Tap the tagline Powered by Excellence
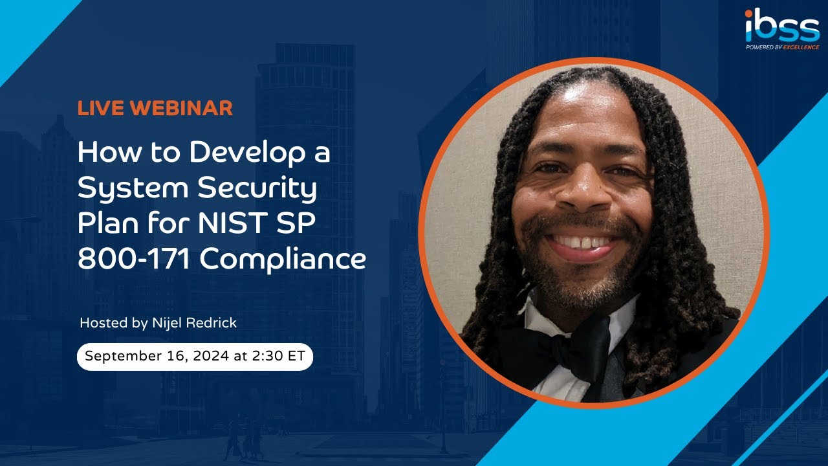(782, 47)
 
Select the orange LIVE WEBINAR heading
(155, 108)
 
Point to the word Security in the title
(257, 188)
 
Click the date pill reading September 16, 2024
(195, 357)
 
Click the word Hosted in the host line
(104, 322)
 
